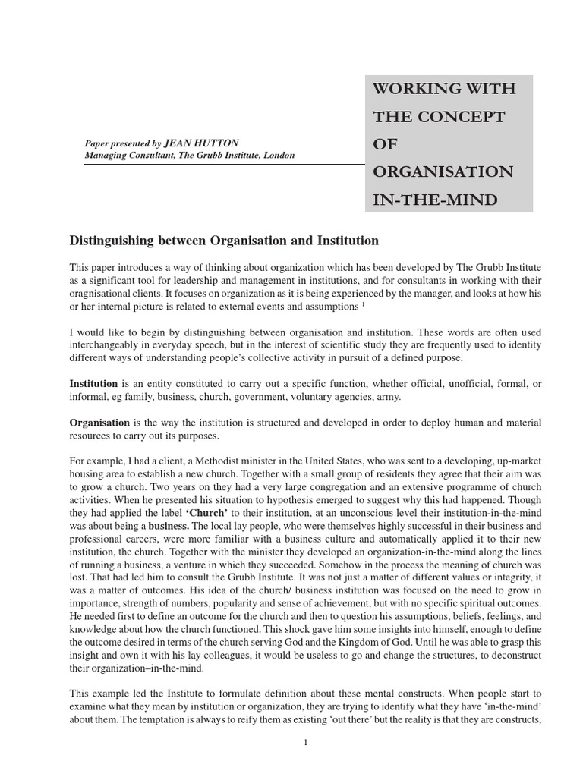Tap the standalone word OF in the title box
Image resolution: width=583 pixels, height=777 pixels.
tap(384, 144)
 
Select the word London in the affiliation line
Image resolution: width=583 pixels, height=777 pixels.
tap(279, 155)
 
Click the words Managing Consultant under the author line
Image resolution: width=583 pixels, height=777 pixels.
tap(126, 155)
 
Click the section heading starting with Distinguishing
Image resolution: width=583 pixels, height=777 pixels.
tap(224, 241)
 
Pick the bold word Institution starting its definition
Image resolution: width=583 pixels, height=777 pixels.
tap(93, 384)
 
